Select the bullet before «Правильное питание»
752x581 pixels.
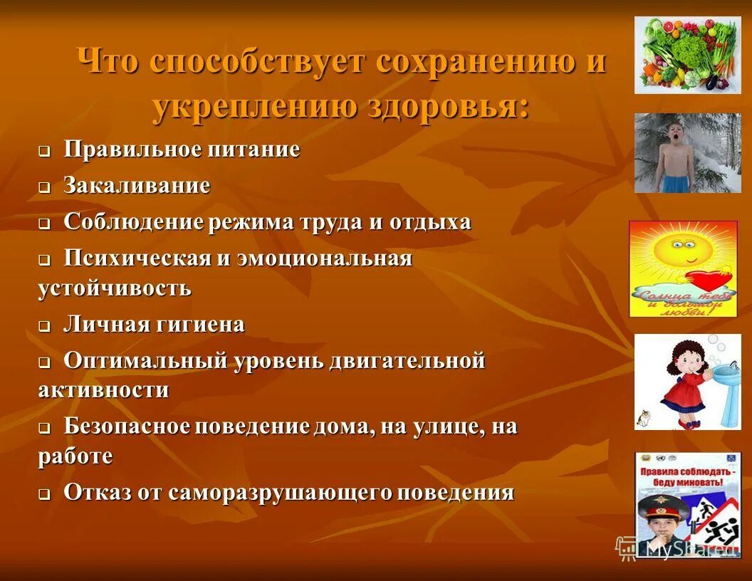pyautogui.click(x=44, y=152)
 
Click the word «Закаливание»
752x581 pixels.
pyautogui.click(x=137, y=186)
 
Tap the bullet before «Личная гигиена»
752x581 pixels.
pyautogui.click(x=44, y=327)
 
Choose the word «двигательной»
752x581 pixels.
pyautogui.click(x=407, y=360)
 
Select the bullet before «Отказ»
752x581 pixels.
pyautogui.click(x=44, y=495)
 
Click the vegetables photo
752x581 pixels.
pyautogui.click(x=687, y=56)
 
